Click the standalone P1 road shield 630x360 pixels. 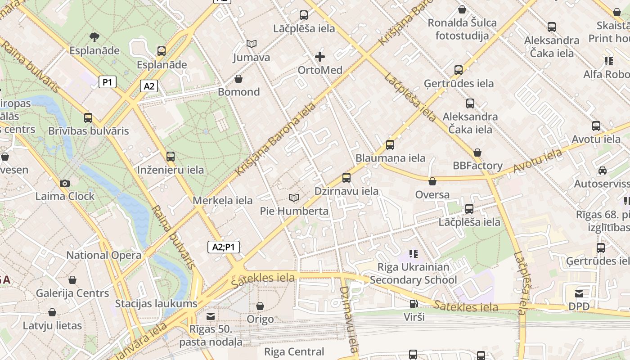pos(108,82)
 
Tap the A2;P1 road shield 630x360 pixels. pos(224,247)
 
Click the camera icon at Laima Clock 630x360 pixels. pos(65,183)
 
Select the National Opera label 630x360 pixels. pos(103,255)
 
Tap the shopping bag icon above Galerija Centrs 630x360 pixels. pos(72,280)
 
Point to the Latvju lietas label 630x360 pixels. pos(53,325)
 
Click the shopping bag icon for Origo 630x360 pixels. pos(260,306)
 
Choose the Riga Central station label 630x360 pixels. pos(294,351)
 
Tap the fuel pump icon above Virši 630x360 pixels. pos(414,304)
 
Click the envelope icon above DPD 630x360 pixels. pos(579,294)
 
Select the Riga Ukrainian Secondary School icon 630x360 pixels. pos(414,254)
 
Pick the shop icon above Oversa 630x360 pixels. pos(432,181)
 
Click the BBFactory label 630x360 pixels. pos(477,166)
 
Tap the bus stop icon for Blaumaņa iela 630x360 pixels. pos(390,145)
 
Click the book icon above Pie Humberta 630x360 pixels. pos(294,198)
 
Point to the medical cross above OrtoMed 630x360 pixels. pos(320,57)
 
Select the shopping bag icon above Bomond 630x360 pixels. pos(238,79)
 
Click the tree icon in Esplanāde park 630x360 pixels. pos(94,37)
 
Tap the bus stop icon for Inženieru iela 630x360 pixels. pos(171,157)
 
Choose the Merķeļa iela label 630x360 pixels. pos(223,200)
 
